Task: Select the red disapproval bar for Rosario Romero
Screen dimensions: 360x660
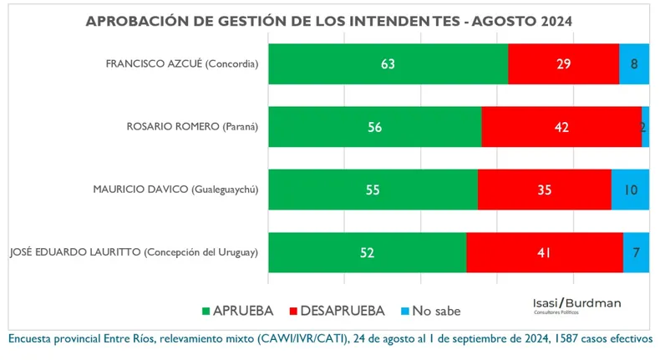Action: point(561,127)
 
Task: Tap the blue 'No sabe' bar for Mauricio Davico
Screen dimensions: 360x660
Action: point(630,190)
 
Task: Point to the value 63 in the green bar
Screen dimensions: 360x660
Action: point(387,64)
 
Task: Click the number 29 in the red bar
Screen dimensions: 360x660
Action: point(563,64)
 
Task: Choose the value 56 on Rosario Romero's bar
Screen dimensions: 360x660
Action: point(373,127)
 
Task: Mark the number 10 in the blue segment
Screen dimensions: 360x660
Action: point(630,190)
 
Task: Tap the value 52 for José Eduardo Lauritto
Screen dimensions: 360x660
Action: point(367,253)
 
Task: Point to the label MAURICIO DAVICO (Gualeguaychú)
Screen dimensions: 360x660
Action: point(175,190)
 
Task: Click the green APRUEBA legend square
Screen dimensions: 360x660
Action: point(206,311)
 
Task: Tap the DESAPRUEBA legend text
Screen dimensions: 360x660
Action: point(344,311)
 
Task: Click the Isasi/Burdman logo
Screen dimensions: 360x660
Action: point(576,304)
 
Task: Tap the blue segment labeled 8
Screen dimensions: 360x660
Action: point(634,64)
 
